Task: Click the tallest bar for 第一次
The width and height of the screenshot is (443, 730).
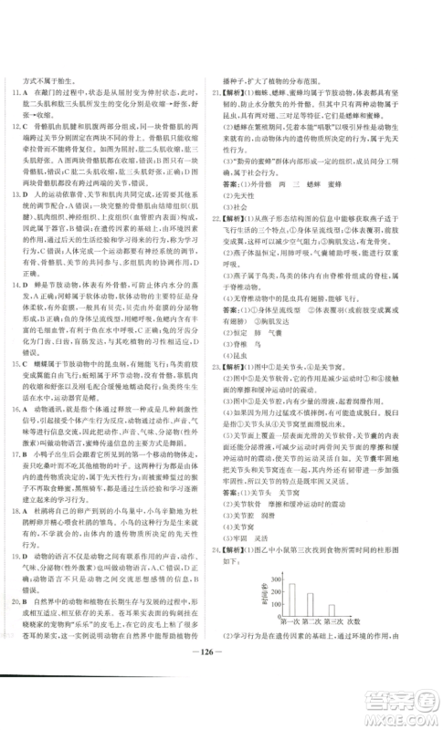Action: pyautogui.click(x=291, y=608)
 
